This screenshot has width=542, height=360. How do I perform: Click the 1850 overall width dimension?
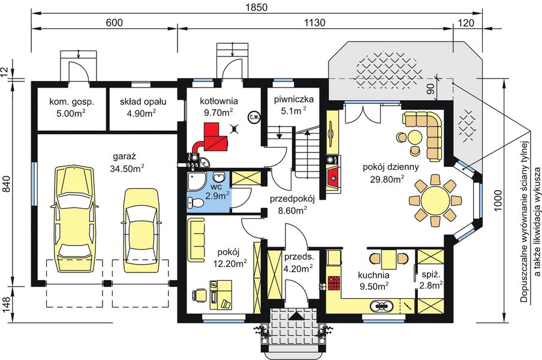257,7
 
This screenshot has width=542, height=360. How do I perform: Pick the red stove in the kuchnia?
334,283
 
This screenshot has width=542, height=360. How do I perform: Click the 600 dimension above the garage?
114,22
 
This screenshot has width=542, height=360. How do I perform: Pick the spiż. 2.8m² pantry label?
431,280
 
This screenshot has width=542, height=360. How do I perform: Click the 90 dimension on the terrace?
430,89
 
